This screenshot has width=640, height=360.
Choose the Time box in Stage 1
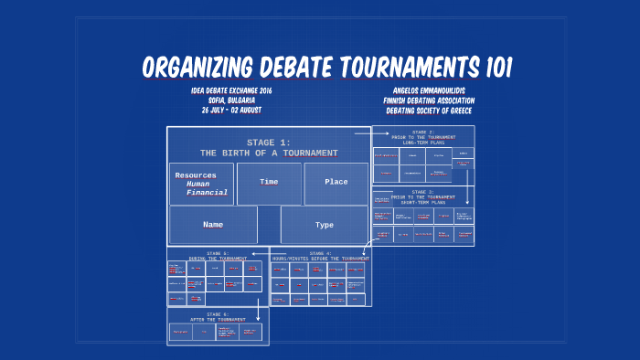[x=269, y=182]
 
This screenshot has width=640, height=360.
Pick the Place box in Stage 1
[x=336, y=182]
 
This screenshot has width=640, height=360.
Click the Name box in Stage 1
[x=213, y=224]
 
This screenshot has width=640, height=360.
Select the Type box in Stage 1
[x=325, y=224]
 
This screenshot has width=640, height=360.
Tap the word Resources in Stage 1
[x=196, y=175]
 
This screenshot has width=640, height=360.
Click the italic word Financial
[x=207, y=193]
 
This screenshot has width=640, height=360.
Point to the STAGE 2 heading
[x=422, y=133]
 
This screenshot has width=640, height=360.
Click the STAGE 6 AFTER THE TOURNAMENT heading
[x=218, y=316]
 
